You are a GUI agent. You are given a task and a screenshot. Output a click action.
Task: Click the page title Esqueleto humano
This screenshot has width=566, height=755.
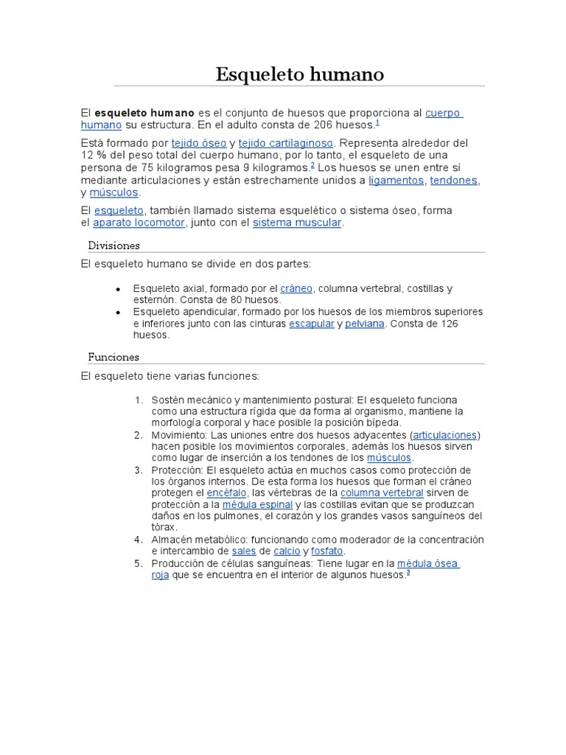click(299, 74)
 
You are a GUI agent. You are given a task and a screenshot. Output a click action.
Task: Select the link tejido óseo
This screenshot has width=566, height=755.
click(198, 142)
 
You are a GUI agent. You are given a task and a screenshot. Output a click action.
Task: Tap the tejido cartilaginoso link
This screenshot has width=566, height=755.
click(286, 142)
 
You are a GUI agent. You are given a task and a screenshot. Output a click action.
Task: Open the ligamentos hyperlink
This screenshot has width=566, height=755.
click(396, 180)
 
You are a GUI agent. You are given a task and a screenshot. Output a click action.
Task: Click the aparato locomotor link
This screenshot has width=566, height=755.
click(139, 223)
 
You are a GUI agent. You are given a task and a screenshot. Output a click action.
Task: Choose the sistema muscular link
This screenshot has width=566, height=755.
click(297, 223)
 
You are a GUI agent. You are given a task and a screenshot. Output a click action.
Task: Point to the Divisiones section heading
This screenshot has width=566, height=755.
click(113, 246)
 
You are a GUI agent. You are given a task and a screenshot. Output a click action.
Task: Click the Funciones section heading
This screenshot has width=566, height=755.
click(113, 357)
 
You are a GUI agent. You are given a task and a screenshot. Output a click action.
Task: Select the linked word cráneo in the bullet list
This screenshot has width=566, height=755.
click(296, 288)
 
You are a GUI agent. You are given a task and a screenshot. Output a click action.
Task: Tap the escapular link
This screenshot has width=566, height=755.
click(311, 324)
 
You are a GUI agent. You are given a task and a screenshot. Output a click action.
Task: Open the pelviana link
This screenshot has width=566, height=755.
click(365, 324)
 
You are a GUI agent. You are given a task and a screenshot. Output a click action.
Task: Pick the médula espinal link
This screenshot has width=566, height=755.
click(257, 504)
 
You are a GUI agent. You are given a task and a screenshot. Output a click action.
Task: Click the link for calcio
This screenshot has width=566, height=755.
click(287, 551)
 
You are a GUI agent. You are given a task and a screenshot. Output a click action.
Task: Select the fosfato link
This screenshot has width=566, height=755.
click(327, 551)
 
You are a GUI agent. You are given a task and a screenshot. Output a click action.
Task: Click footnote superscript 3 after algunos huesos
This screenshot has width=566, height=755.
click(408, 573)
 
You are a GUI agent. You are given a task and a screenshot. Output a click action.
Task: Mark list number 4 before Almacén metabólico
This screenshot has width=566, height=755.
click(138, 540)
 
